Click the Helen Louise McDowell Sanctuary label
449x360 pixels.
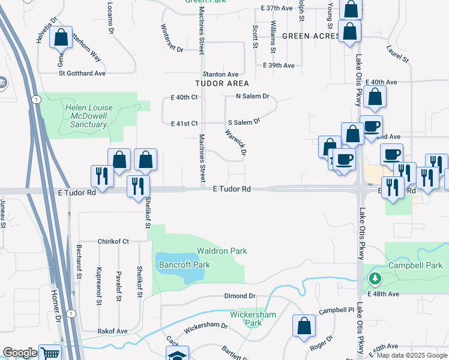(86, 116)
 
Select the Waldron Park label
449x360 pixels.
(222, 251)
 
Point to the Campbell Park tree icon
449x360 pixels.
(375, 278)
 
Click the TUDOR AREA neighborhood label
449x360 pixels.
(221, 83)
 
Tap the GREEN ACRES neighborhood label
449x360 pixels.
(310, 36)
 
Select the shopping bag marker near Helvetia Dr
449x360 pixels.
(61, 38)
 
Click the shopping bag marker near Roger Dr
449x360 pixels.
(304, 326)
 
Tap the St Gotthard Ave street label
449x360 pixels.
(82, 73)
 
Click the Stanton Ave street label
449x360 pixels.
(223, 74)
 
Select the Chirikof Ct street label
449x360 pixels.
(113, 241)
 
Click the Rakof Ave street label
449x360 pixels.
(113, 331)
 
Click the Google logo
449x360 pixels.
(20, 353)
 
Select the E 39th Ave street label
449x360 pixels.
(279, 65)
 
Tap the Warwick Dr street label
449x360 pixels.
(236, 142)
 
